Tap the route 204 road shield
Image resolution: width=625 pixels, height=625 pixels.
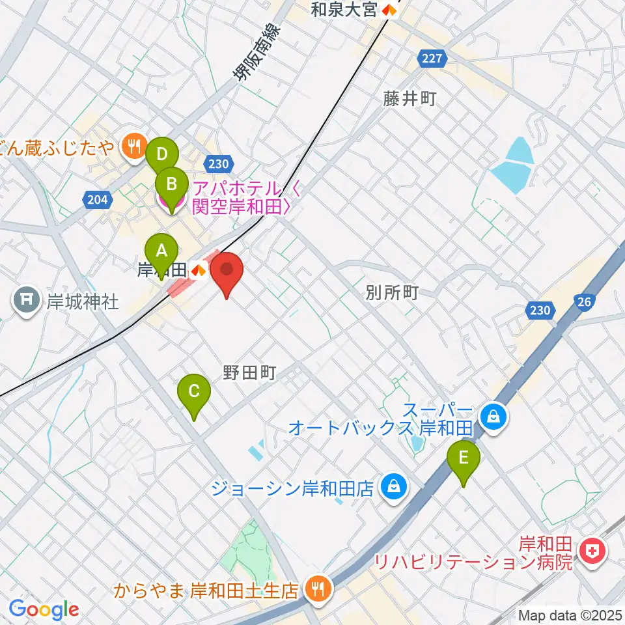[x=96, y=200]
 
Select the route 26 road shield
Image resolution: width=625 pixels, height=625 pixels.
[x=583, y=301]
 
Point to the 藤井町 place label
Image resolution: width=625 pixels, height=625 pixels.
[x=409, y=99]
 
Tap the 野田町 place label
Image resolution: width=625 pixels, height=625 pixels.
[x=250, y=372]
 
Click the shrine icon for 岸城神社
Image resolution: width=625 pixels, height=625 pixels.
[x=27, y=301]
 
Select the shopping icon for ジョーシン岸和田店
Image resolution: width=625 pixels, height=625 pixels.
[x=393, y=486]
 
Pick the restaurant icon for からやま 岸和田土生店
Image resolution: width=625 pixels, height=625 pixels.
[x=318, y=590]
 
